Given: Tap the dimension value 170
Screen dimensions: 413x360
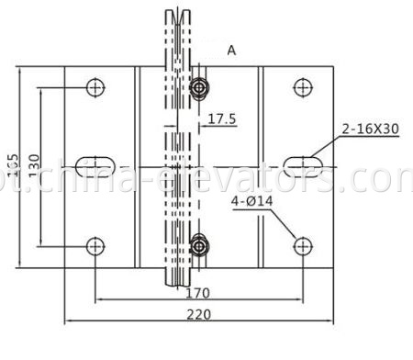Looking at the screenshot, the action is coord(197,293).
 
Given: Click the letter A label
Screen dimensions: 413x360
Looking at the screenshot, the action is coord(230,52).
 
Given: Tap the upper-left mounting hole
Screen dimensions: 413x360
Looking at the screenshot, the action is coord(95,87).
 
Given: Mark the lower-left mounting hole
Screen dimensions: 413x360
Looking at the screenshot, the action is coord(95,245).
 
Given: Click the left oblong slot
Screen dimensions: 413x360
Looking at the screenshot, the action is coord(95,165).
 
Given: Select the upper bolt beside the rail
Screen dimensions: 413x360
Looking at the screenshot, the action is coord(199,88).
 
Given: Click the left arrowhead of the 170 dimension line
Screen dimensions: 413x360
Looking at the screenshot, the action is coord(98,300).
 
